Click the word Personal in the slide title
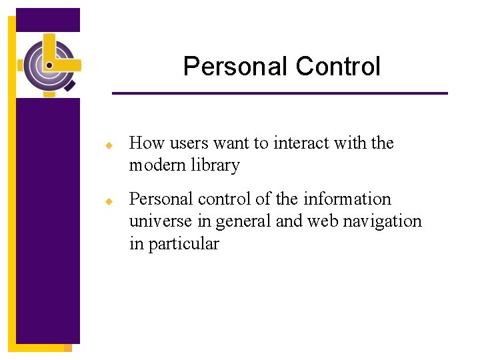point(235,67)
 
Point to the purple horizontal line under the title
point(280,93)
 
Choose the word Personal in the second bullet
point(157,199)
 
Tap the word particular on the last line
point(183,244)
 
